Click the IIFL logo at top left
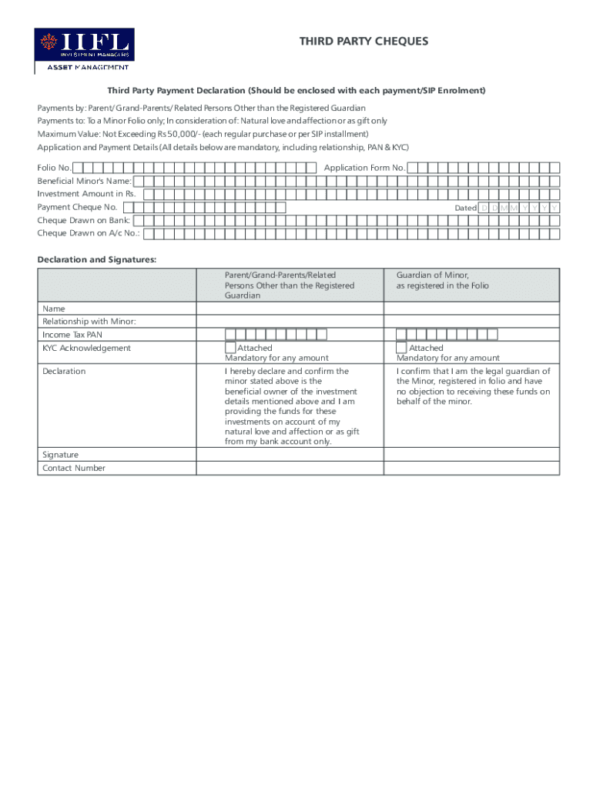click(84, 51)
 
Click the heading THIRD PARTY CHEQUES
click(364, 41)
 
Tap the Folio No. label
click(54, 168)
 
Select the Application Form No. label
click(364, 168)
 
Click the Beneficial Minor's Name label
click(84, 181)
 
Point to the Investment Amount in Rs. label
click(86, 194)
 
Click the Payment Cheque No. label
click(77, 207)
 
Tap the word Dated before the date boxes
click(465, 208)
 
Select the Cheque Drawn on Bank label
click(84, 220)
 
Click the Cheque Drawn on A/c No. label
click(89, 233)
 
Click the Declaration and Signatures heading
click(97, 260)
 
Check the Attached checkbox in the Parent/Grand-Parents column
click(230, 348)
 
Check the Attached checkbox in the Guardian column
click(401, 348)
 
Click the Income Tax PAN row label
click(72, 335)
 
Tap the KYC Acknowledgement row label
click(86, 348)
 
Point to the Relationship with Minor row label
click(89, 322)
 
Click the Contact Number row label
click(74, 468)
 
